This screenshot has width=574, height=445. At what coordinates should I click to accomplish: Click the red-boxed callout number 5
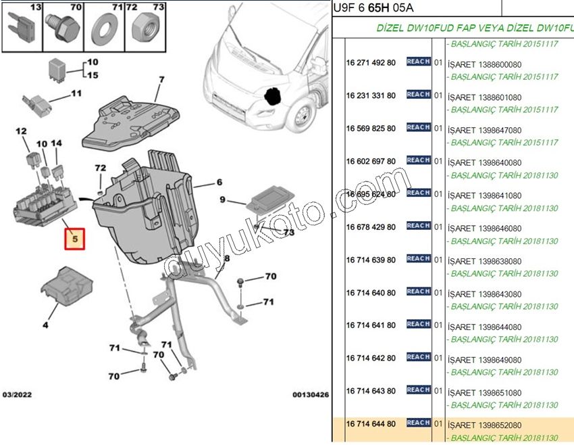(x=75, y=238)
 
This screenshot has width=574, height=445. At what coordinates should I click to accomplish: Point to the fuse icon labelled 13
(x=22, y=31)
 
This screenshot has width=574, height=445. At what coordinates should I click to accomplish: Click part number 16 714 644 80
(x=371, y=423)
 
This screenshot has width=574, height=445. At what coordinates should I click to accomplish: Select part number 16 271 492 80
(x=371, y=62)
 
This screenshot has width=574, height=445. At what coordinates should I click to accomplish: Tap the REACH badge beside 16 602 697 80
(x=419, y=160)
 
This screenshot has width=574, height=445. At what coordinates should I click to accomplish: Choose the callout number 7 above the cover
(x=162, y=80)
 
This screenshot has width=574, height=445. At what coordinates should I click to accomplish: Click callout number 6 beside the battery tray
(x=219, y=183)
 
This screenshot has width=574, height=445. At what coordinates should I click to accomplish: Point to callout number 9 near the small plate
(x=223, y=200)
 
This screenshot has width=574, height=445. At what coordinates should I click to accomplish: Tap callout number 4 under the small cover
(x=45, y=325)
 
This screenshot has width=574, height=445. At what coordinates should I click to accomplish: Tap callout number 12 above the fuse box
(x=21, y=131)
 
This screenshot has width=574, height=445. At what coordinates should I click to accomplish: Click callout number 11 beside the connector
(x=76, y=93)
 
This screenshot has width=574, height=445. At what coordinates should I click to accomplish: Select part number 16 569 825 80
(x=371, y=128)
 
